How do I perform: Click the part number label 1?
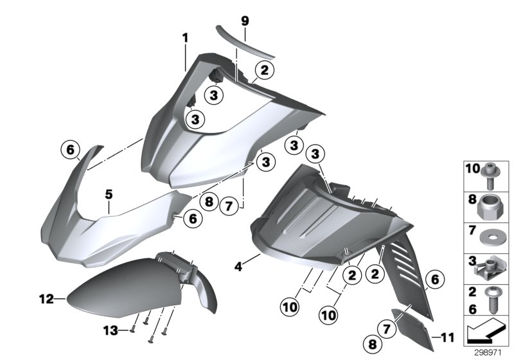pos(185,38)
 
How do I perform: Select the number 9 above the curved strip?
pos(244,21)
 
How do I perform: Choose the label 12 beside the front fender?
pos(46,298)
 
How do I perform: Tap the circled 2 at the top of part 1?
pos(265,70)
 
